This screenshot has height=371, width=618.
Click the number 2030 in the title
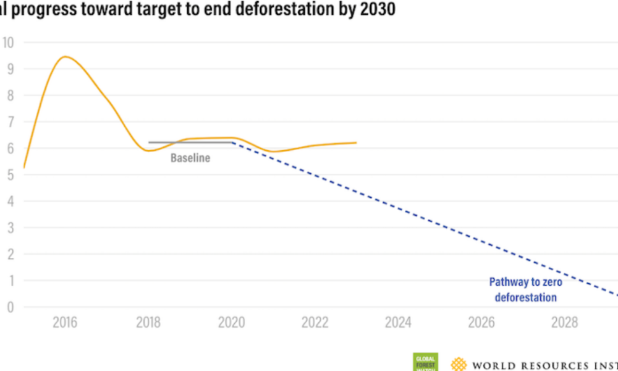375,10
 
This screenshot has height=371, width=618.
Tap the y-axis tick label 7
9,122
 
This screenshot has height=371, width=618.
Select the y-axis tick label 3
9,228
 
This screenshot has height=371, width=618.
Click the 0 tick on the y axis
9,307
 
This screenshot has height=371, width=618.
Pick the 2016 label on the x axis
65,323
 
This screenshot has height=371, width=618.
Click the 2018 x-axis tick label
148,323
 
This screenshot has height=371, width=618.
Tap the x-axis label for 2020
232,323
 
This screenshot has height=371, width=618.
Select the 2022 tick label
315,323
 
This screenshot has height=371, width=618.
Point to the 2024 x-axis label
399,323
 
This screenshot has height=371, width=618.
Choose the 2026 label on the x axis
481,323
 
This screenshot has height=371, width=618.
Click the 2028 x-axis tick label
565,323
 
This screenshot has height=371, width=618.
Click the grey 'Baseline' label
190,158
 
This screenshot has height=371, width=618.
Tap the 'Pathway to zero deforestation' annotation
526,290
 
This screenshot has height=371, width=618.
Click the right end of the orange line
356,143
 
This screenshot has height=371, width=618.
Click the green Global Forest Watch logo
425,362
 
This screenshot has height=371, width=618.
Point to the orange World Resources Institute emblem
459,364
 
